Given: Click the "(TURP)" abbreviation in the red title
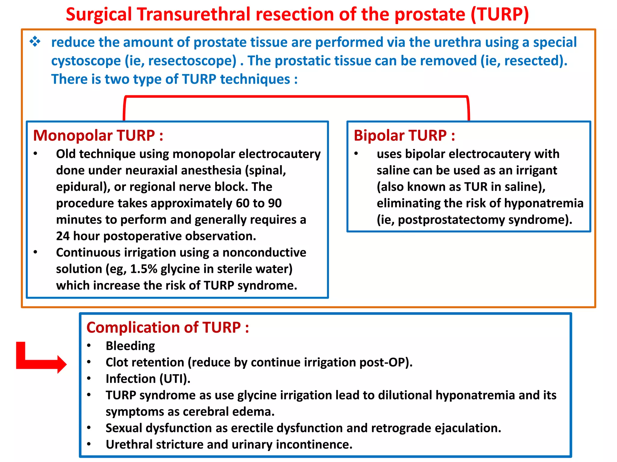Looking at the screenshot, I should click(x=500, y=14).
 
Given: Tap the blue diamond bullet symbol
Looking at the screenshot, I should click(x=35, y=42).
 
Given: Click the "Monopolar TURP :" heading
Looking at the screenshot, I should click(x=98, y=135).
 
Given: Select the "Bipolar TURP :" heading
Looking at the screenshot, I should click(x=404, y=135).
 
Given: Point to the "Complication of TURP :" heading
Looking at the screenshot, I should click(x=168, y=327).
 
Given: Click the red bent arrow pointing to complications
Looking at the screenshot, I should click(x=41, y=359).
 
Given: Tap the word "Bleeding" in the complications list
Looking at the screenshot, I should click(x=130, y=346).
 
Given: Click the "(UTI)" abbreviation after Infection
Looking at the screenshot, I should click(x=175, y=379).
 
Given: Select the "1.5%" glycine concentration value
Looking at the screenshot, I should click(x=144, y=269).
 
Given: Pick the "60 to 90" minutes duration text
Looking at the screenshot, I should click(x=258, y=203).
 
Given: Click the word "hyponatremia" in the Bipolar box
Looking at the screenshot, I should click(x=543, y=203).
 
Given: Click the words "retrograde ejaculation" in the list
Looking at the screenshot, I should click(x=436, y=428).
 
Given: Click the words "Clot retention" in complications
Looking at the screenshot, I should click(x=145, y=362).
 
